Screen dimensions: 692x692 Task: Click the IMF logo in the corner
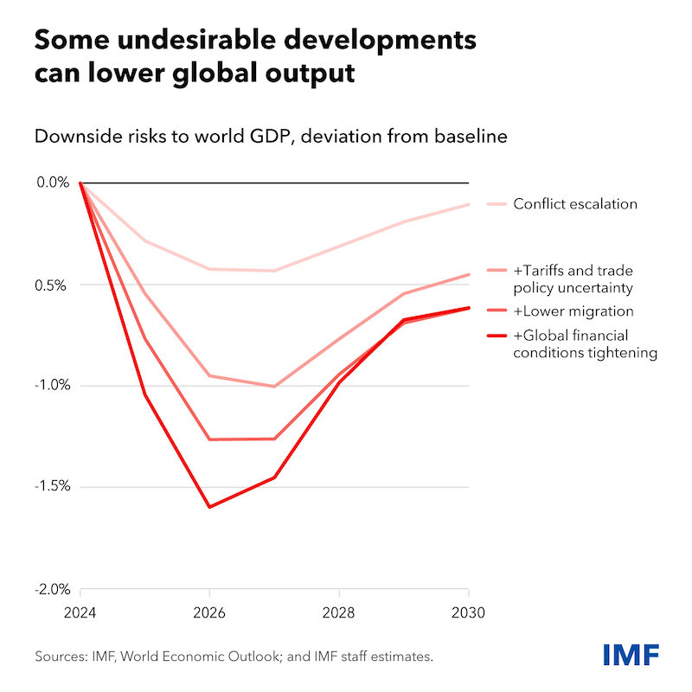pyautogui.click(x=631, y=655)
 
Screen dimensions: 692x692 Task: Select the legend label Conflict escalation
pyautogui.click(x=575, y=204)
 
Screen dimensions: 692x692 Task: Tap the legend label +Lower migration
pyautogui.click(x=573, y=311)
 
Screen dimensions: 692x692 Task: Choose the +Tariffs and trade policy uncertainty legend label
pyautogui.click(x=573, y=279)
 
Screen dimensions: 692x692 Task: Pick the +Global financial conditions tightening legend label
pyautogui.click(x=586, y=343)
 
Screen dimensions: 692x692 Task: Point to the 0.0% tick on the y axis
pyautogui.click(x=53, y=183)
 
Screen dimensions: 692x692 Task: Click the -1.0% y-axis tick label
pyautogui.click(x=53, y=385)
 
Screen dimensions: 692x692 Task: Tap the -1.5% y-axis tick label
pyautogui.click(x=53, y=486)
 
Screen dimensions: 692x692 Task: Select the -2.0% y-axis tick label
pyautogui.click(x=53, y=589)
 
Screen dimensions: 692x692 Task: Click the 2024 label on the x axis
pyautogui.click(x=80, y=612)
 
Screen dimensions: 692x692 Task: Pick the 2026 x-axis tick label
pyautogui.click(x=209, y=612)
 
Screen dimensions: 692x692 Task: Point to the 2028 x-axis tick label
pyautogui.click(x=338, y=612)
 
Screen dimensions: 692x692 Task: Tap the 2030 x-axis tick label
pyautogui.click(x=468, y=612)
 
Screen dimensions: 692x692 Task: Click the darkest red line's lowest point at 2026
pyautogui.click(x=209, y=507)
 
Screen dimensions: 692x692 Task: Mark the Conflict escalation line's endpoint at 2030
pyautogui.click(x=468, y=204)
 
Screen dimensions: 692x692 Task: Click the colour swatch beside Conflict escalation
pyautogui.click(x=497, y=204)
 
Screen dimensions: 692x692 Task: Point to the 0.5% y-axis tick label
pyautogui.click(x=50, y=285)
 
